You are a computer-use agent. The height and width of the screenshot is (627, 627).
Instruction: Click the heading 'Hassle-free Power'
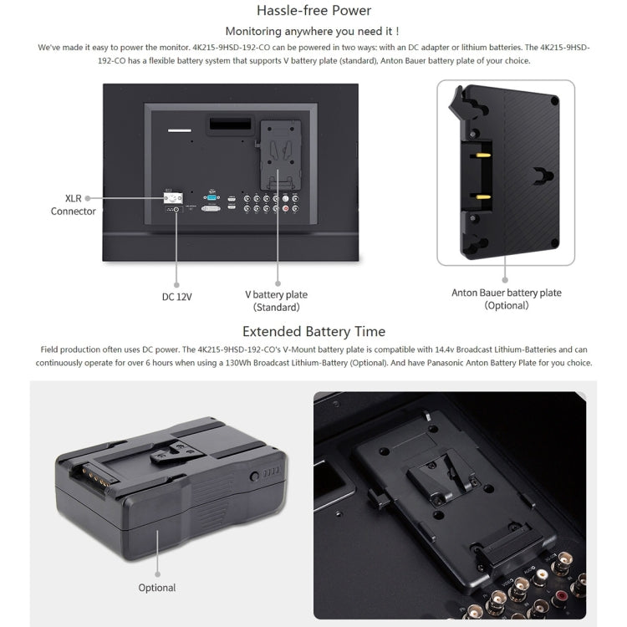click(x=313, y=11)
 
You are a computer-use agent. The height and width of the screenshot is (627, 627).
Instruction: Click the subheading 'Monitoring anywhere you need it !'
click(x=313, y=31)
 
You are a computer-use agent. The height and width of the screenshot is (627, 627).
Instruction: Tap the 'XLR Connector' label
click(x=73, y=205)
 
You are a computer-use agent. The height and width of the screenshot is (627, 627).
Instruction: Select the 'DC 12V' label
click(x=176, y=296)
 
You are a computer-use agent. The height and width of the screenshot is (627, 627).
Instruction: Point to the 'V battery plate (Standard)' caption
click(x=276, y=301)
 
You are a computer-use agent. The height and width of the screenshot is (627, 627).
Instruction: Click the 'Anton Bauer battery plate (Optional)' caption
click(x=507, y=299)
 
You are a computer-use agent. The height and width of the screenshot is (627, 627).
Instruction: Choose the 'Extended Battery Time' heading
click(x=313, y=332)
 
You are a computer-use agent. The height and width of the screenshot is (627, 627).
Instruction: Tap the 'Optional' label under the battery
click(x=157, y=588)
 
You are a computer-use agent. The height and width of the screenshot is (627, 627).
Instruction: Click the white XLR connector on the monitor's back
click(x=174, y=198)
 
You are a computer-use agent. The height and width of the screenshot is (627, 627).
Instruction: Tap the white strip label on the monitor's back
click(x=180, y=130)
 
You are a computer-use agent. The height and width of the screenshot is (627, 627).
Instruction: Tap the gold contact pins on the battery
click(x=90, y=479)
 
